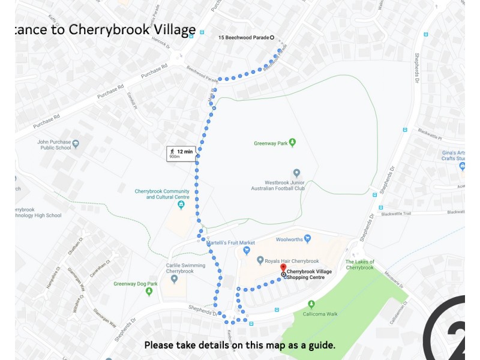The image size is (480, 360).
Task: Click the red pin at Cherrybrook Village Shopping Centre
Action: pyautogui.click(x=283, y=268)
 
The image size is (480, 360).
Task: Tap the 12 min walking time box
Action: pyautogui.click(x=181, y=154)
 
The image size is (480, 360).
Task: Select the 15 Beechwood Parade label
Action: pyautogui.click(x=244, y=38)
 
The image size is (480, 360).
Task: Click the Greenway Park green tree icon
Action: pyautogui.click(x=293, y=142)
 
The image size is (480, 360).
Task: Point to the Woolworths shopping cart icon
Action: pyautogui.click(x=308, y=239)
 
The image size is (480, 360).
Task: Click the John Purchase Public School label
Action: pyautogui.click(x=54, y=145)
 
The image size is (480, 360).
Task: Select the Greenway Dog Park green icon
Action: pyautogui.click(x=149, y=292)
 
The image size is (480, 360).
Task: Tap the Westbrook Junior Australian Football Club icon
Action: pyautogui.click(x=296, y=173)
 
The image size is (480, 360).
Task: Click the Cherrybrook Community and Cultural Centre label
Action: pyautogui.click(x=162, y=194)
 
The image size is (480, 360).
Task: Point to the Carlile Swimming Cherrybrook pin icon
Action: pyautogui.click(x=174, y=279)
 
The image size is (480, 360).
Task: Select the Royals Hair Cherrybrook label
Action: pyautogui.click(x=292, y=261)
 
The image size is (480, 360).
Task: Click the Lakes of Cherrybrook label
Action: pyautogui.click(x=360, y=265)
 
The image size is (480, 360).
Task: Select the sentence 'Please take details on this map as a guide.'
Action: pyautogui.click(x=239, y=345)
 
